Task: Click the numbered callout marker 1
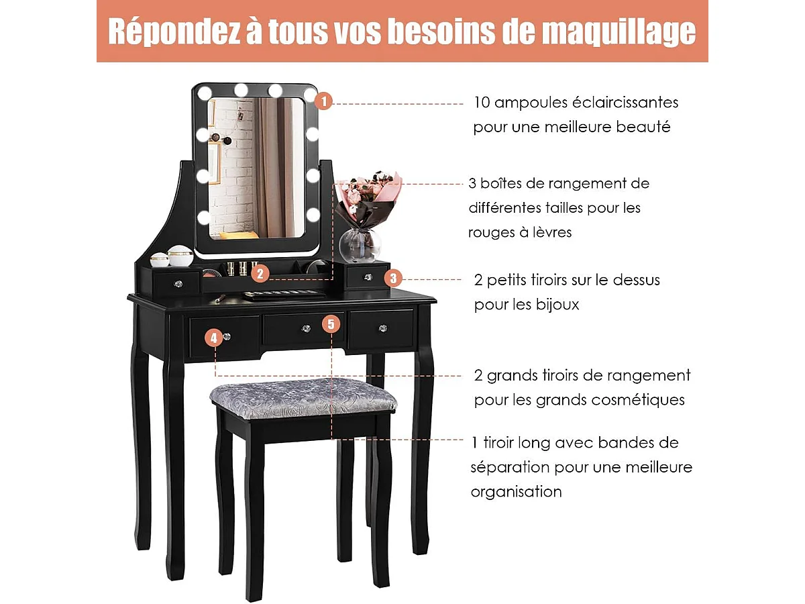(323, 102)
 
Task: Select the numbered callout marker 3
(394, 278)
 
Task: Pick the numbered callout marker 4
(213, 338)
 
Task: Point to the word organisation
(516, 492)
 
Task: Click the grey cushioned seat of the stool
(303, 397)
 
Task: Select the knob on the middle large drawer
(304, 328)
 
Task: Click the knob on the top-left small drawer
(177, 285)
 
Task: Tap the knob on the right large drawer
(383, 328)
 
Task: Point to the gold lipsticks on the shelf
(236, 268)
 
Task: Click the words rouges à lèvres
(520, 232)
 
